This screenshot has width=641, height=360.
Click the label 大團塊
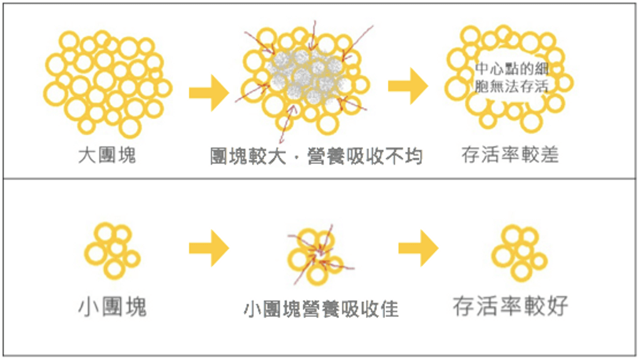[x=106, y=155]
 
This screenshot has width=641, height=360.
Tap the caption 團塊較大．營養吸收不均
[x=316, y=156]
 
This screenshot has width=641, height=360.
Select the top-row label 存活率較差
[x=510, y=155]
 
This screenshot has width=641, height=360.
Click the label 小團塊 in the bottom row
[x=113, y=307]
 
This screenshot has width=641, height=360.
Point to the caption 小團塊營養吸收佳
[x=321, y=309]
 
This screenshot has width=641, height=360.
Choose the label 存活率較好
[x=510, y=306]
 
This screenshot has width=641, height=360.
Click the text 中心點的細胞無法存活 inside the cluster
[x=511, y=77]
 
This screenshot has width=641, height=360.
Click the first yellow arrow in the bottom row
[x=208, y=249]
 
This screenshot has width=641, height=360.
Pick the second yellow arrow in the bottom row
[x=418, y=249]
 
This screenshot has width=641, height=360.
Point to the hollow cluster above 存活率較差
[x=510, y=78]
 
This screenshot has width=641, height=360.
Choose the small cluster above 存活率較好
[x=519, y=253]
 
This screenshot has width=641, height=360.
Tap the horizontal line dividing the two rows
[x=320, y=179]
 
